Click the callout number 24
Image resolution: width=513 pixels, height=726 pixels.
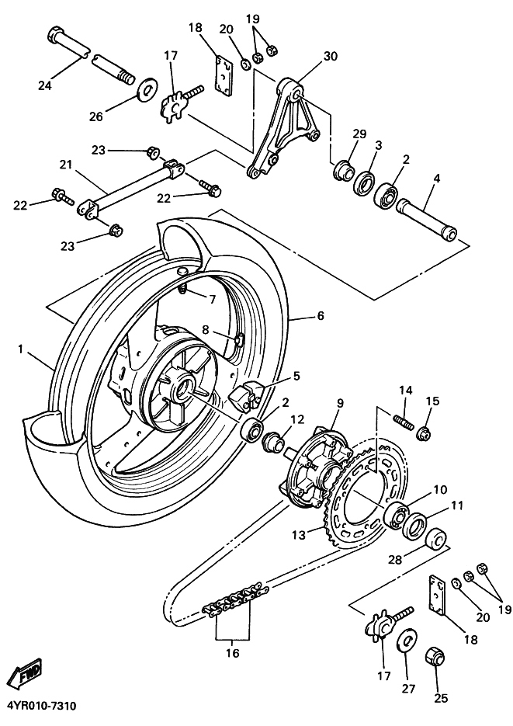tap(44, 85)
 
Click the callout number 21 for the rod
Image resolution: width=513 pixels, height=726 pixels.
tap(64, 165)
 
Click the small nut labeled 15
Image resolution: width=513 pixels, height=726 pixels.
tap(425, 432)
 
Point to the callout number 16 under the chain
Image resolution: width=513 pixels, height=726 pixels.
tap(233, 653)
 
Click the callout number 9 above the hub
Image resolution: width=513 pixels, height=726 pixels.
tap(339, 403)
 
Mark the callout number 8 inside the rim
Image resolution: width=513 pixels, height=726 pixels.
tap(206, 329)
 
